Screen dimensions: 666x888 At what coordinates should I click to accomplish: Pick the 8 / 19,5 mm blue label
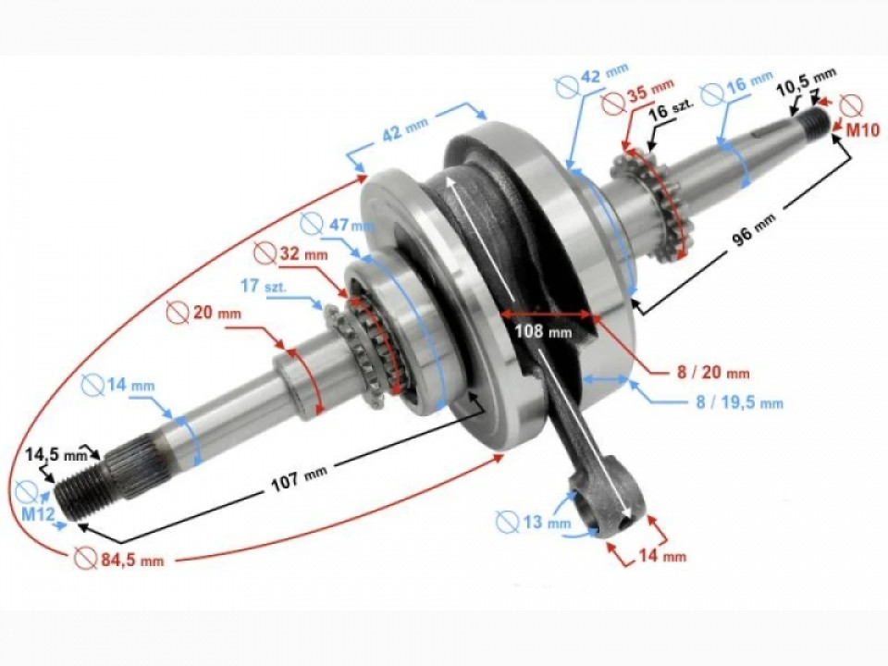(x=736, y=402)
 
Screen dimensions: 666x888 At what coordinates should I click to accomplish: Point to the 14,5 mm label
(x=56, y=454)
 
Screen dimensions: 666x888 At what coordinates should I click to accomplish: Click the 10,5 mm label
(x=806, y=90)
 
